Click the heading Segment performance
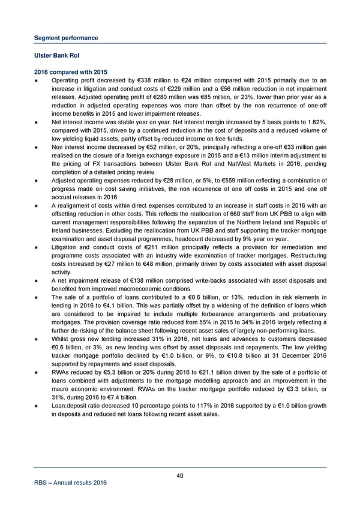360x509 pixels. click(x=66, y=38)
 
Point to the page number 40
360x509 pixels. click(x=180, y=476)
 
